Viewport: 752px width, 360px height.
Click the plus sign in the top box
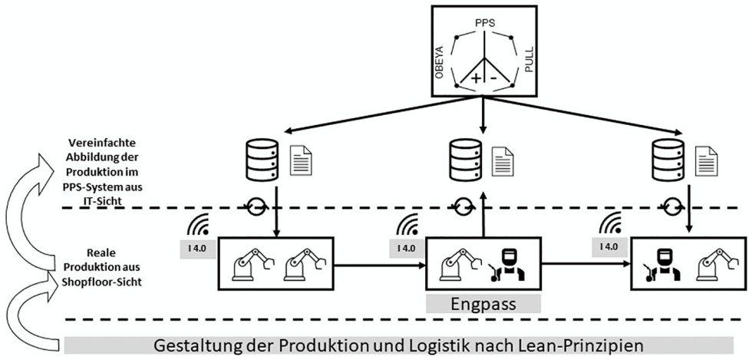point(476,78)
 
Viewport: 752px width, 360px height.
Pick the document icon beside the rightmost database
point(706,160)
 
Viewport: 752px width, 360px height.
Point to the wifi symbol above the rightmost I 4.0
point(611,223)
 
